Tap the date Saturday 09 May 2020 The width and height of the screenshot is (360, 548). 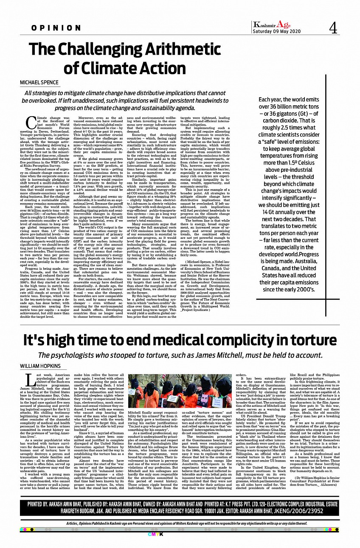point(276,32)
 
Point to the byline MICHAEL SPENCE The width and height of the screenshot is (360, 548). point(39,82)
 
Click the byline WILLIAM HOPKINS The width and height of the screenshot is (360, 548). point(40,366)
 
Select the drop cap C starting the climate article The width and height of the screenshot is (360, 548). point(30,123)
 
